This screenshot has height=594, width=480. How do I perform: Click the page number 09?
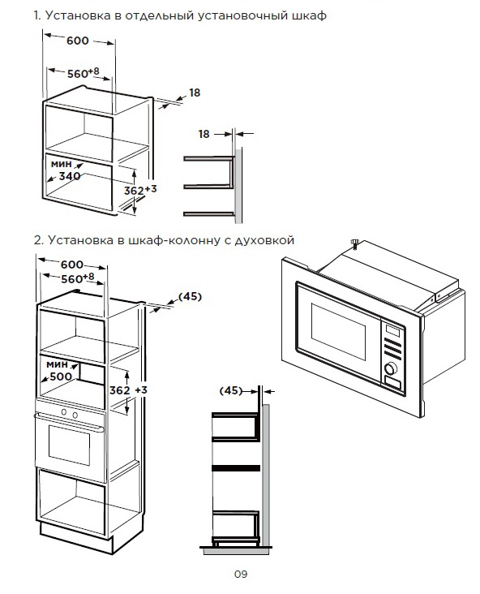point(240,575)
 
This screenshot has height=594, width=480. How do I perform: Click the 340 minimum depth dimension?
point(70,176)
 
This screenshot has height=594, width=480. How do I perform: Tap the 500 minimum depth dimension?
point(61,377)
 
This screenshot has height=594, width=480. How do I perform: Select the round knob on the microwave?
point(391,368)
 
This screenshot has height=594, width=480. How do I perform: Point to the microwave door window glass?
point(338,332)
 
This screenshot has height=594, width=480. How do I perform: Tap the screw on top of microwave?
point(355,243)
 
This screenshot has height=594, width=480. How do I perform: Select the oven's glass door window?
point(69,445)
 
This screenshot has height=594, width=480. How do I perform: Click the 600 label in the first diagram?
point(78,41)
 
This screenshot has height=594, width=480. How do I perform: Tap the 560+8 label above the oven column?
point(78,278)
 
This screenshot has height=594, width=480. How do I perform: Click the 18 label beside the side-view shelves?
point(204,134)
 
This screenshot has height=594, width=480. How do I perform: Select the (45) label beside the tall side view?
point(230,390)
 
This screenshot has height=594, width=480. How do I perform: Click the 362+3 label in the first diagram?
point(140,190)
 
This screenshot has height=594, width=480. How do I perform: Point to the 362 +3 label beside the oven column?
point(128,390)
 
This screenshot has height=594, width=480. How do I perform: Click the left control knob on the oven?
point(64,412)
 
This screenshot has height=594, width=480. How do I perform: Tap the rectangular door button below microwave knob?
point(392,383)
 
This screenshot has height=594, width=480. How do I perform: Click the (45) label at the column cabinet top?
point(190,297)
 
